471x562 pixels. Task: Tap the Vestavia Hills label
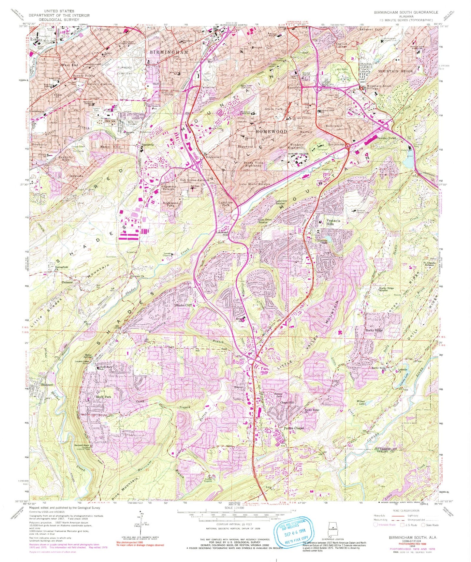pyautogui.click(x=333, y=222)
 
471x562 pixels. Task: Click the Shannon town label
pyautogui.click(x=47, y=385)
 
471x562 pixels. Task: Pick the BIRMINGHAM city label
pyautogui.click(x=169, y=52)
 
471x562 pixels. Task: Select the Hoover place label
pyautogui.click(x=239, y=387)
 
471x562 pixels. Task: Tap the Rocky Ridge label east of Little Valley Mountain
pyautogui.click(x=374, y=330)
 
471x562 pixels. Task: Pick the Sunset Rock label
pyautogui.click(x=81, y=445)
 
